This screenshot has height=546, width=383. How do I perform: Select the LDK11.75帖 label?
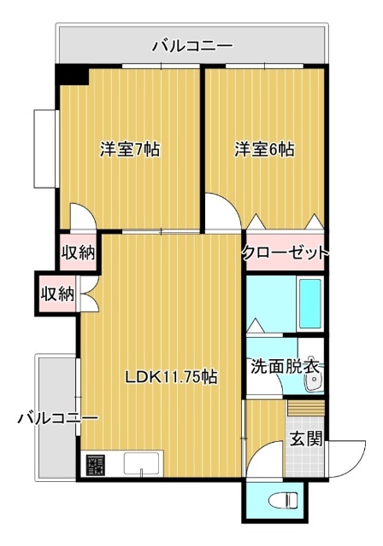coord(170,377)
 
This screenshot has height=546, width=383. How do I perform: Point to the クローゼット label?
coord(285,253)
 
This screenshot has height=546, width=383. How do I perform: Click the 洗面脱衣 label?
coord(285,369)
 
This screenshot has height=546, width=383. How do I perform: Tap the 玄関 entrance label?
coord(305,440)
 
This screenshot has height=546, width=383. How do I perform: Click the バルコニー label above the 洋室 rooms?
coord(191,46)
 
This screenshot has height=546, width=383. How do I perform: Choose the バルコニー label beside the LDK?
coord(57,419)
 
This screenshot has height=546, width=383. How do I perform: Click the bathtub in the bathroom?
coord(309,303)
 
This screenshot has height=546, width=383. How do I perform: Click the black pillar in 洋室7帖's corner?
coord(73,75)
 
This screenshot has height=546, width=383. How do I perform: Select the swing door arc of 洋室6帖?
coord(221,211)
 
